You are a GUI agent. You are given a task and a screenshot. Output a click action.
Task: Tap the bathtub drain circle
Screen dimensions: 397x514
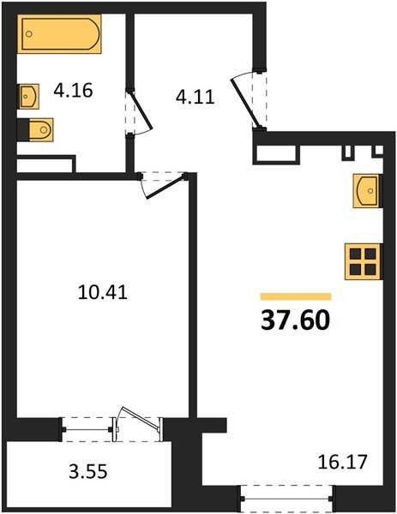pyautogui.click(x=29, y=33)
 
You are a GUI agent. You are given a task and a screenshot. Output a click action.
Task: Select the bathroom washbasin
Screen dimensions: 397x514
pyautogui.click(x=28, y=96)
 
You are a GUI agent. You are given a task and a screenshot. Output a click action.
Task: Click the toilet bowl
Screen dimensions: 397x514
pyautogui.click(x=40, y=129)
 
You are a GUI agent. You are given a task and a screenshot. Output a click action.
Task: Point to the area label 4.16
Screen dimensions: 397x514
pyautogui.click(x=73, y=91)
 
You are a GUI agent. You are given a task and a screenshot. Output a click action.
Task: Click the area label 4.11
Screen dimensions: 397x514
pyautogui.click(x=195, y=97)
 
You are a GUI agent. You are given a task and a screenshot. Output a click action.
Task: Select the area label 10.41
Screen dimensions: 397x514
pyautogui.click(x=103, y=292)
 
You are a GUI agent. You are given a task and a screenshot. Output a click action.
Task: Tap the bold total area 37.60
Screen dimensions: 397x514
pyautogui.click(x=295, y=320)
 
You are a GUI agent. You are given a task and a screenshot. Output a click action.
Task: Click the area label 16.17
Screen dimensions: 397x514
pyautogui.click(x=342, y=462)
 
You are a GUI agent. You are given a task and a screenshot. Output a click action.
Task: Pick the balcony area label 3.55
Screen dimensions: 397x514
pyautogui.click(x=88, y=472)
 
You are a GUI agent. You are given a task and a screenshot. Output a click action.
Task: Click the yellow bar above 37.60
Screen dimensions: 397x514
pyautogui.click(x=296, y=296)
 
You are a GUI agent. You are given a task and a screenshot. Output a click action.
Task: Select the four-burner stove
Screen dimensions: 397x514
pyautogui.click(x=364, y=261)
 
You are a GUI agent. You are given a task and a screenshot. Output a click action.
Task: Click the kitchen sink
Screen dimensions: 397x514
pyautogui.click(x=367, y=191)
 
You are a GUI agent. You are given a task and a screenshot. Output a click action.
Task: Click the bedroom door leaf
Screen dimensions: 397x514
pyautogui.click(x=166, y=188)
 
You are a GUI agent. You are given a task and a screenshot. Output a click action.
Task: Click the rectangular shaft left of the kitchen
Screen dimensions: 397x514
pyautogui.click(x=276, y=153)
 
